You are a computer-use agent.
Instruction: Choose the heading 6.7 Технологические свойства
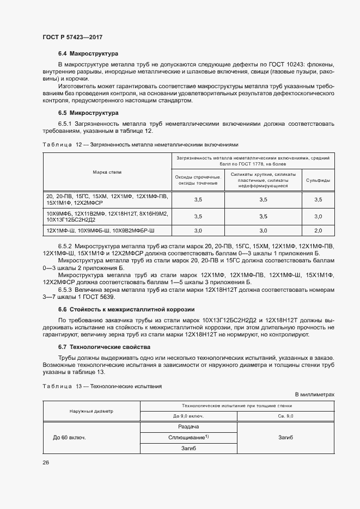[105, 347]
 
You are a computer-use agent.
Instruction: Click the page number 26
[46, 462]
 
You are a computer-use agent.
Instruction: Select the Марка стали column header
[107, 172]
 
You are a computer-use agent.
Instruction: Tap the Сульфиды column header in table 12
[318, 180]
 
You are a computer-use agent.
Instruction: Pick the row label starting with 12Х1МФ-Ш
[101, 231]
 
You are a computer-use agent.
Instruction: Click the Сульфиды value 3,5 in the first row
[318, 200]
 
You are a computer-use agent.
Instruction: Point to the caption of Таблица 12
[141, 145]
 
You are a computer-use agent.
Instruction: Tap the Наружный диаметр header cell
[91, 411]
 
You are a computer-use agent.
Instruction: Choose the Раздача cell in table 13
[188, 427]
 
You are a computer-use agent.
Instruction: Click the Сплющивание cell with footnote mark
[188, 438]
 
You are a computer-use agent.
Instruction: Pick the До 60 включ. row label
[70, 438]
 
